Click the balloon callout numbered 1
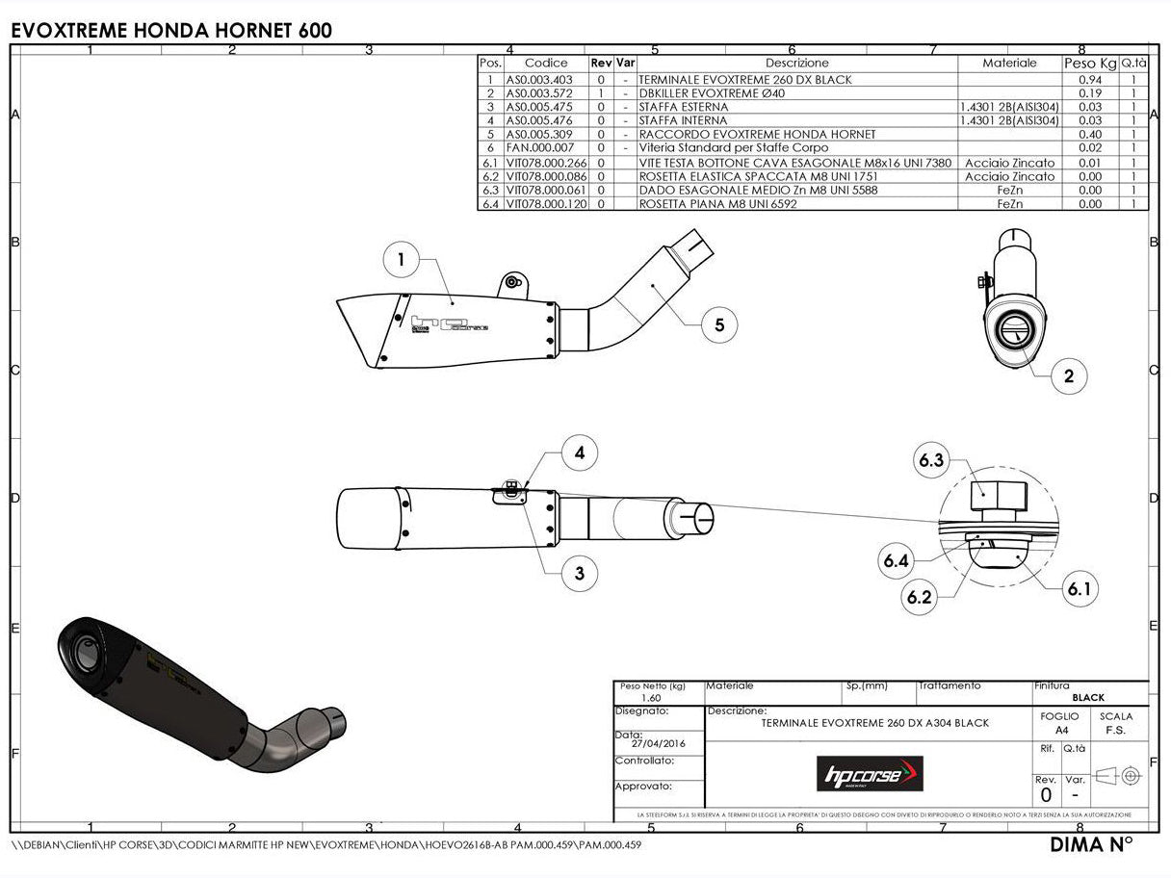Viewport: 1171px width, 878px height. [402, 259]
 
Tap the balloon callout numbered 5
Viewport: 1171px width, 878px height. [719, 324]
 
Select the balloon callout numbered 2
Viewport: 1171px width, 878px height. [1069, 376]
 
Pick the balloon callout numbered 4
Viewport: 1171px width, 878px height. [580, 452]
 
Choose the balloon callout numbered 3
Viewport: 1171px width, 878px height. [580, 574]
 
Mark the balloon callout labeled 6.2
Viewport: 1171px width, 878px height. [919, 597]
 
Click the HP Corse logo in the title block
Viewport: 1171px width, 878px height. [870, 773]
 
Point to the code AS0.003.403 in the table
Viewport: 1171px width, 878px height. [539, 80]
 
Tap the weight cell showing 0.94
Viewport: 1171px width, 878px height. [1089, 80]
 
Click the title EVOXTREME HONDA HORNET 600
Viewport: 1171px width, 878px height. [171, 31]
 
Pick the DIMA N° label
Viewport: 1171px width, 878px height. [1091, 845]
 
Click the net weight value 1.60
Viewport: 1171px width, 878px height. [651, 698]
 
